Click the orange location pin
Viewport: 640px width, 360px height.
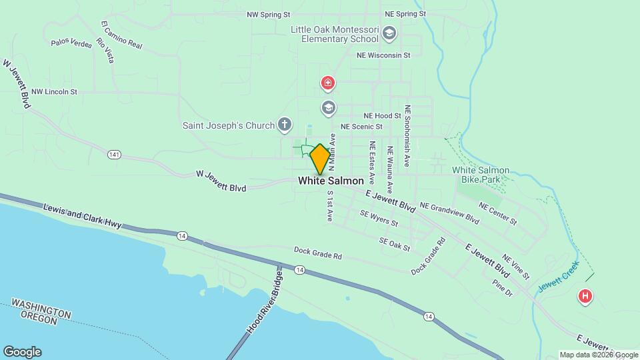320,159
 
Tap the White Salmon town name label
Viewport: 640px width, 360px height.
331,181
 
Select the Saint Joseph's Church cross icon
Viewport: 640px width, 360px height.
285,125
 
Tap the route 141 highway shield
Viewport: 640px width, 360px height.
114,154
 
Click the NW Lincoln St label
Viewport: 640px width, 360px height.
55,91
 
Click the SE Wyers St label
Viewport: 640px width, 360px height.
378,218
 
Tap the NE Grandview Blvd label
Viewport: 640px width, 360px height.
450,213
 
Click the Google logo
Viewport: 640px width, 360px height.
22,352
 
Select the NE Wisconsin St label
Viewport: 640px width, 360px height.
383,55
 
